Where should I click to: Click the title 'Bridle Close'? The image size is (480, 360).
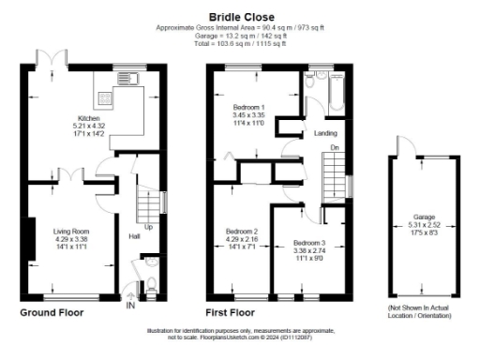[239, 16]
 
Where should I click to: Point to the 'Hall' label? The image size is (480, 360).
[134, 236]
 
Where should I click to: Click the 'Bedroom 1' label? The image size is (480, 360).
[248, 109]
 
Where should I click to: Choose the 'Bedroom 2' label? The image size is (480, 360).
[242, 232]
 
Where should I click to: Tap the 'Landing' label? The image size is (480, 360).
[325, 133]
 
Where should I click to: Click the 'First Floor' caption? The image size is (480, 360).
[230, 312]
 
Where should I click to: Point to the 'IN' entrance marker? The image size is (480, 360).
[130, 306]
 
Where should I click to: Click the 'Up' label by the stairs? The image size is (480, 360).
[148, 226]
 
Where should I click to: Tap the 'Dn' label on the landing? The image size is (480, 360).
[335, 147]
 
